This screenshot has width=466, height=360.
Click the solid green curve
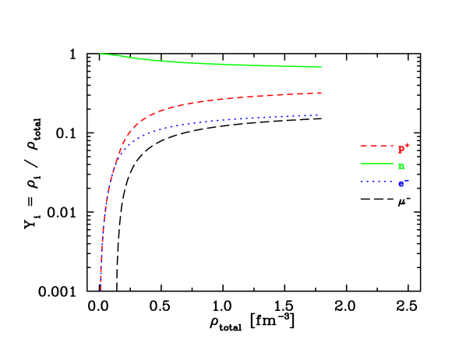click(x=210, y=64)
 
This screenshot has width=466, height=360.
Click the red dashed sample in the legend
click(x=376, y=146)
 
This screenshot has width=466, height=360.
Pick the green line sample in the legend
click(x=376, y=164)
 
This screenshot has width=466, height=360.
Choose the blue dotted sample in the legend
click(x=376, y=182)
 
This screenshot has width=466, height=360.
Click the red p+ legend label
click(x=403, y=148)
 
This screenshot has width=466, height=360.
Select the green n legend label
click(x=401, y=165)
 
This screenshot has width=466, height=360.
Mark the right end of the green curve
click(x=321, y=67)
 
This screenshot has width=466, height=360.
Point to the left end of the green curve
click(x=101, y=54)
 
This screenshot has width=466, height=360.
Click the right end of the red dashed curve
click(x=321, y=94)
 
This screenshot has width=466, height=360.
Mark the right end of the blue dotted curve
click(x=319, y=115)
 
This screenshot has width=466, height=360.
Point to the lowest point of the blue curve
click(x=101, y=290)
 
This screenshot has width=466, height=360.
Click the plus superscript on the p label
click(x=407, y=144)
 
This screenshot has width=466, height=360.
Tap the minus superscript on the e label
click(x=407, y=180)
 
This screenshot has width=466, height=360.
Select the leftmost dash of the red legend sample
click(x=363, y=146)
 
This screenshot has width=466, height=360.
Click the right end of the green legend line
click(x=392, y=164)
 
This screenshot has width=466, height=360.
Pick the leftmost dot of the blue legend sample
click(x=361, y=182)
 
